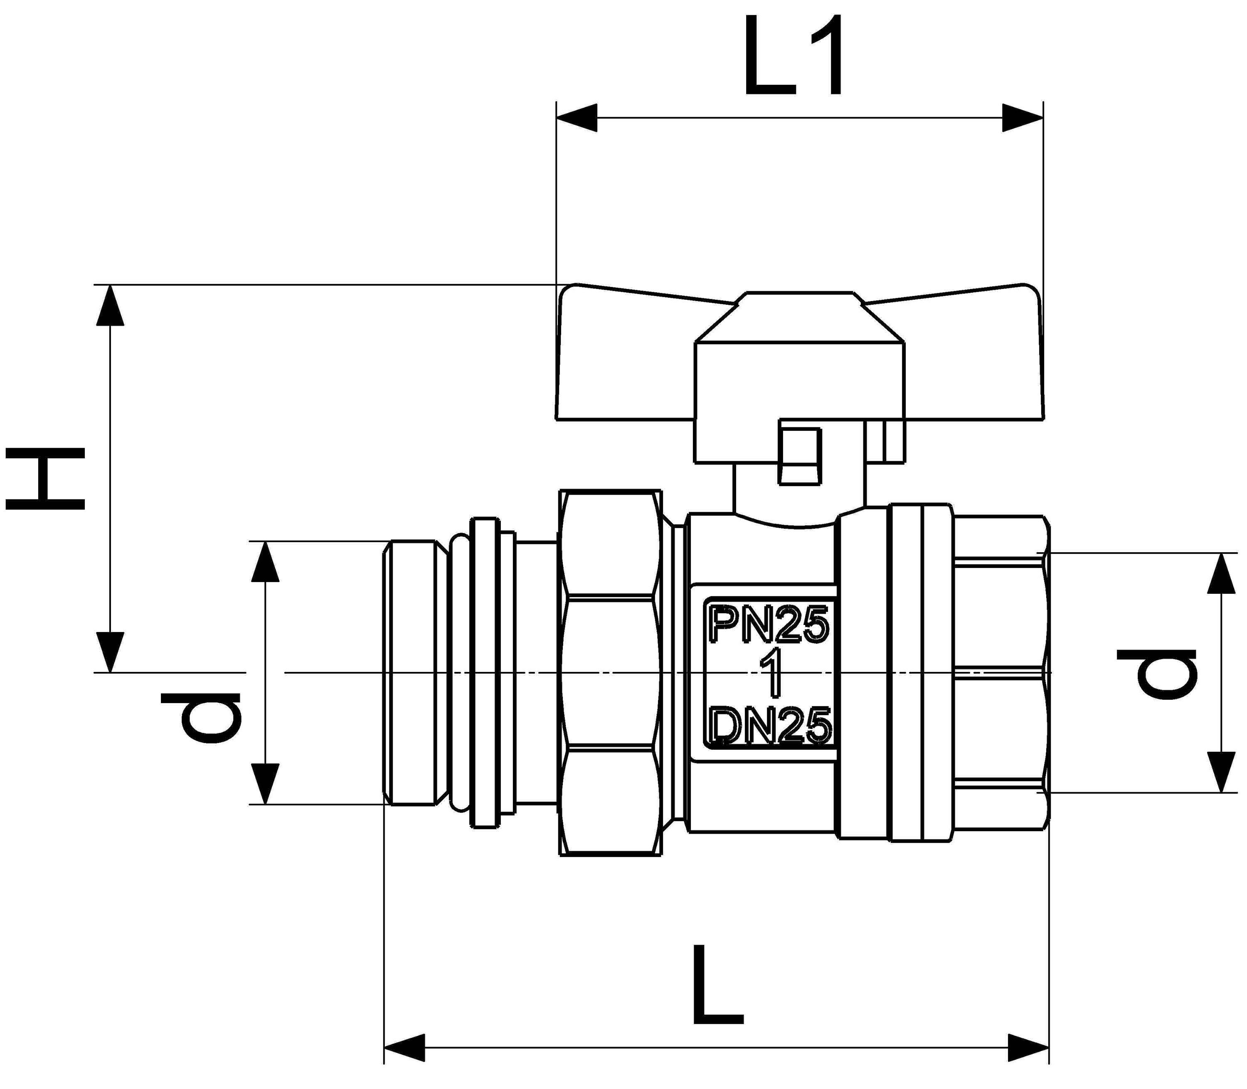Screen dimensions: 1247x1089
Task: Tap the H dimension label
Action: pos(46,478)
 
